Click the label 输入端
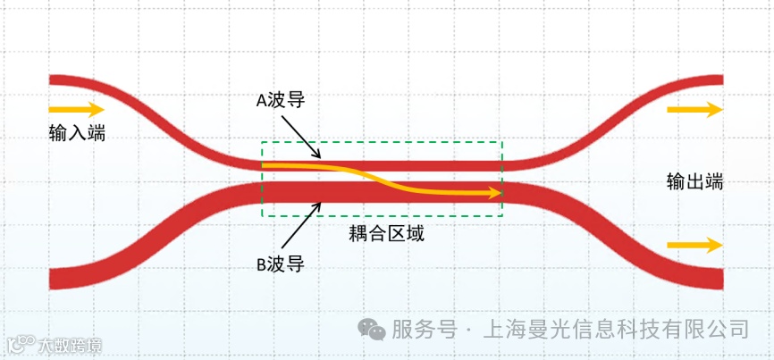click(77, 133)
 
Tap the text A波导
click(281, 100)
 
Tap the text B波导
click(281, 264)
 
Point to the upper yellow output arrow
click(694, 110)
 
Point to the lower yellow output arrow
click(694, 245)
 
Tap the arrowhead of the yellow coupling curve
click(494, 192)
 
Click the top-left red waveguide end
click(55, 82)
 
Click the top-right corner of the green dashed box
click(503, 142)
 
